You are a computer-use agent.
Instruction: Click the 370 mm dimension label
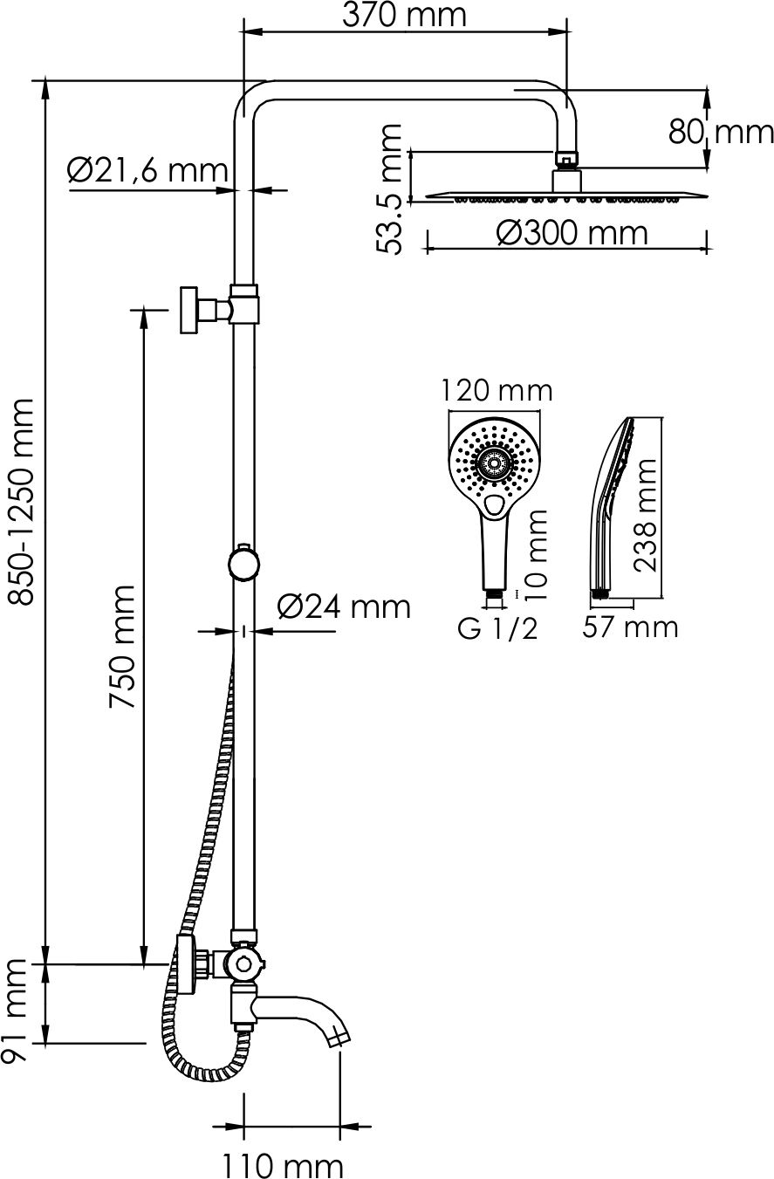point(404,15)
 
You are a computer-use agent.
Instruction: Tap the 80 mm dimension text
point(721,132)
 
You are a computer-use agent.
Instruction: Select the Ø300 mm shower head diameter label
point(572,233)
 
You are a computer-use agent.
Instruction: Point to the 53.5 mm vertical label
point(390,189)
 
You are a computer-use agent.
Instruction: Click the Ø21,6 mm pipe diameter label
point(147,170)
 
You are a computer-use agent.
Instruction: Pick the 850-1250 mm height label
point(23,501)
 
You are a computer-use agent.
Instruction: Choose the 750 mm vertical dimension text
point(122,647)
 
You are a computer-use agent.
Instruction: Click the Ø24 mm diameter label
point(344,607)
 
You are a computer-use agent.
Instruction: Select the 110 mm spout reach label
point(283,1165)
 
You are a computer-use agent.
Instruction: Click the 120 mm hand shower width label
point(496,391)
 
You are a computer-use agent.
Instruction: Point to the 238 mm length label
point(645,516)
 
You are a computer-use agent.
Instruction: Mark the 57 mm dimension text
point(630,627)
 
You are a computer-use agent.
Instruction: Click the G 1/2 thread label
point(497,628)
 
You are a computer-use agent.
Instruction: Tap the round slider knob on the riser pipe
point(243,564)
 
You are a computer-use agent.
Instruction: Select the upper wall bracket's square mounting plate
point(188,310)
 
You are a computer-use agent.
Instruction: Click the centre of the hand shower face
point(494,463)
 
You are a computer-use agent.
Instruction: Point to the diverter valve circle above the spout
point(243,964)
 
